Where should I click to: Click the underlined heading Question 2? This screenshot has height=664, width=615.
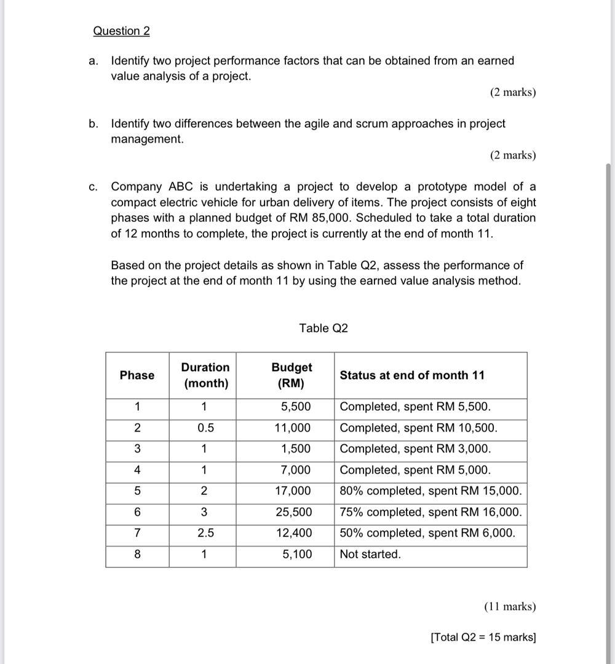point(121,31)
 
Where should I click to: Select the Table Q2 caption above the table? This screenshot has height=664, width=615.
point(323,328)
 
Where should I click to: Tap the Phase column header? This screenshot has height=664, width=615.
point(137,376)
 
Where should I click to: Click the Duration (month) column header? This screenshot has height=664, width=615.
point(205,376)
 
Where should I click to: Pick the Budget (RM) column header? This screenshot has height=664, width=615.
point(292,376)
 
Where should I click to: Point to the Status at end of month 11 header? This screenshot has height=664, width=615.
point(412,376)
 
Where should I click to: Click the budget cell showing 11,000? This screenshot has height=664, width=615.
point(293,428)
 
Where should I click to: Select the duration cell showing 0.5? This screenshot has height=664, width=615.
point(205,428)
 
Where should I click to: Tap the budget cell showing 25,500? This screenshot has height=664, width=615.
point(293,512)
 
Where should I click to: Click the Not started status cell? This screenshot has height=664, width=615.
point(370,554)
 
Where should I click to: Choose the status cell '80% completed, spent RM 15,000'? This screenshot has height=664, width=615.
point(430,491)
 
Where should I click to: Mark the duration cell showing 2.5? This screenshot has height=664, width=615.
point(205,533)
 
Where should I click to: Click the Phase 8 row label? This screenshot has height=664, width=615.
point(137,554)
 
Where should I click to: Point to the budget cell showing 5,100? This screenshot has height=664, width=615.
point(296,554)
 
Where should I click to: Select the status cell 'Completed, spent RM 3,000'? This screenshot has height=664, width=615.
point(415,449)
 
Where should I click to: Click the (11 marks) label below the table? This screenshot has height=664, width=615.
point(510,607)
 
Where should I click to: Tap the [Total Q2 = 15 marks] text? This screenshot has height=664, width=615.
point(483,638)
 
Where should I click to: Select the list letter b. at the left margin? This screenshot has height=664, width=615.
point(93,124)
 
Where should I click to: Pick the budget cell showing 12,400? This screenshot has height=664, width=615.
point(293,533)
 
